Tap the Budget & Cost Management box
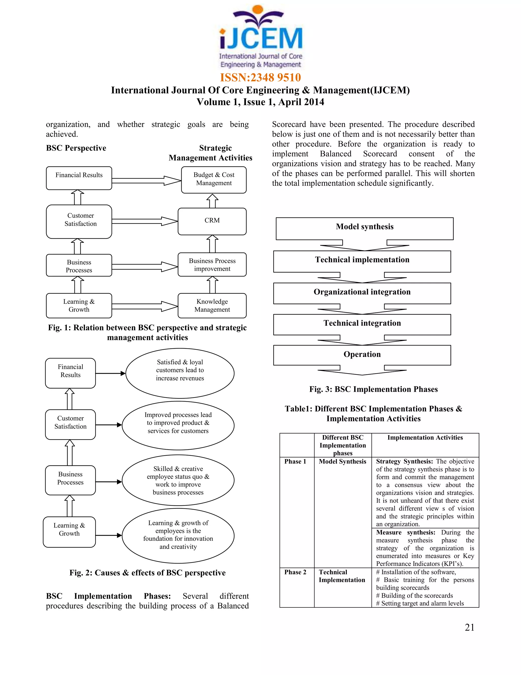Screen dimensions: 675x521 click(x=214, y=179)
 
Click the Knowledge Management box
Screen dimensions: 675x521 click(x=212, y=305)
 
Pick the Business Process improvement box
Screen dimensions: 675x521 click(x=212, y=265)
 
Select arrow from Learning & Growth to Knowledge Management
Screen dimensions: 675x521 click(x=144, y=306)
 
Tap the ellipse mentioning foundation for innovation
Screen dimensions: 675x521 click(x=178, y=535)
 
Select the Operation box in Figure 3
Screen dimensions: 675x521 click(x=362, y=355)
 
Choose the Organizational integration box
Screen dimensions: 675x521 click(x=362, y=292)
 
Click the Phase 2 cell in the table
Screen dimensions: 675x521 click(x=295, y=572)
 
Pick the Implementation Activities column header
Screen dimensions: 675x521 click(x=425, y=438)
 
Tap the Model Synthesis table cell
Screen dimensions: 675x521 click(x=343, y=462)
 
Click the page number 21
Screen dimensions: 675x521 click(x=469, y=627)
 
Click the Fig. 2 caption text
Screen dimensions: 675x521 click(x=148, y=573)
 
